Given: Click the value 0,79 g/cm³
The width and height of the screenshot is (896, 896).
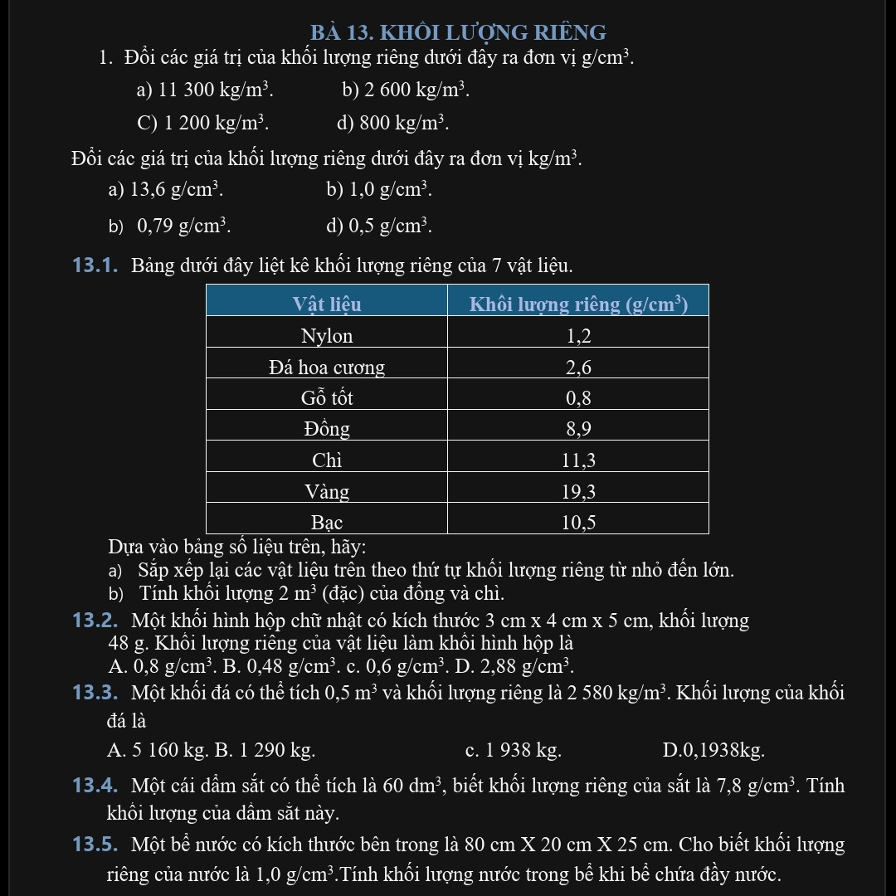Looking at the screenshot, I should (x=183, y=225).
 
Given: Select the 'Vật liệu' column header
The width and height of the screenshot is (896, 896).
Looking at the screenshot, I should (x=327, y=304).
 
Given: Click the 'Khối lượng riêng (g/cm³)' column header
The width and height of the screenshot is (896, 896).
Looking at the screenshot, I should (x=578, y=304).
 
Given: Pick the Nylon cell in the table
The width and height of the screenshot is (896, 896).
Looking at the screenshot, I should (x=327, y=336).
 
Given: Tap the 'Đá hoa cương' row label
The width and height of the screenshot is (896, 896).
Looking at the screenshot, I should (x=327, y=368).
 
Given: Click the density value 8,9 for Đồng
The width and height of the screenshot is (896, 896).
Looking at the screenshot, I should (x=578, y=430).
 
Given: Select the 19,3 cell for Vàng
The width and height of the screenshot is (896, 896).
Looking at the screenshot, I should (x=578, y=492).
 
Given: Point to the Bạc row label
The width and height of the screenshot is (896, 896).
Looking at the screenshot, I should (x=327, y=523).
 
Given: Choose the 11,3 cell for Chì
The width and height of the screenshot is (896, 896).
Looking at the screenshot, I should (x=578, y=460).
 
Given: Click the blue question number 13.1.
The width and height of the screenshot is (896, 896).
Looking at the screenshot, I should (x=96, y=266).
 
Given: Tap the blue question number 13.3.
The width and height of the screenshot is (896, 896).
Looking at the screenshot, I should (x=96, y=694).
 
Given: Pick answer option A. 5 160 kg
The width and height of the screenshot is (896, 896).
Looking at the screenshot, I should (x=157, y=751).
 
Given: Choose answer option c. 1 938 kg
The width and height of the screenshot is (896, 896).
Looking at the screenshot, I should (x=514, y=751).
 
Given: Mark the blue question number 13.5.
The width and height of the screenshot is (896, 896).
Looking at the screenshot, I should (x=96, y=845).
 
